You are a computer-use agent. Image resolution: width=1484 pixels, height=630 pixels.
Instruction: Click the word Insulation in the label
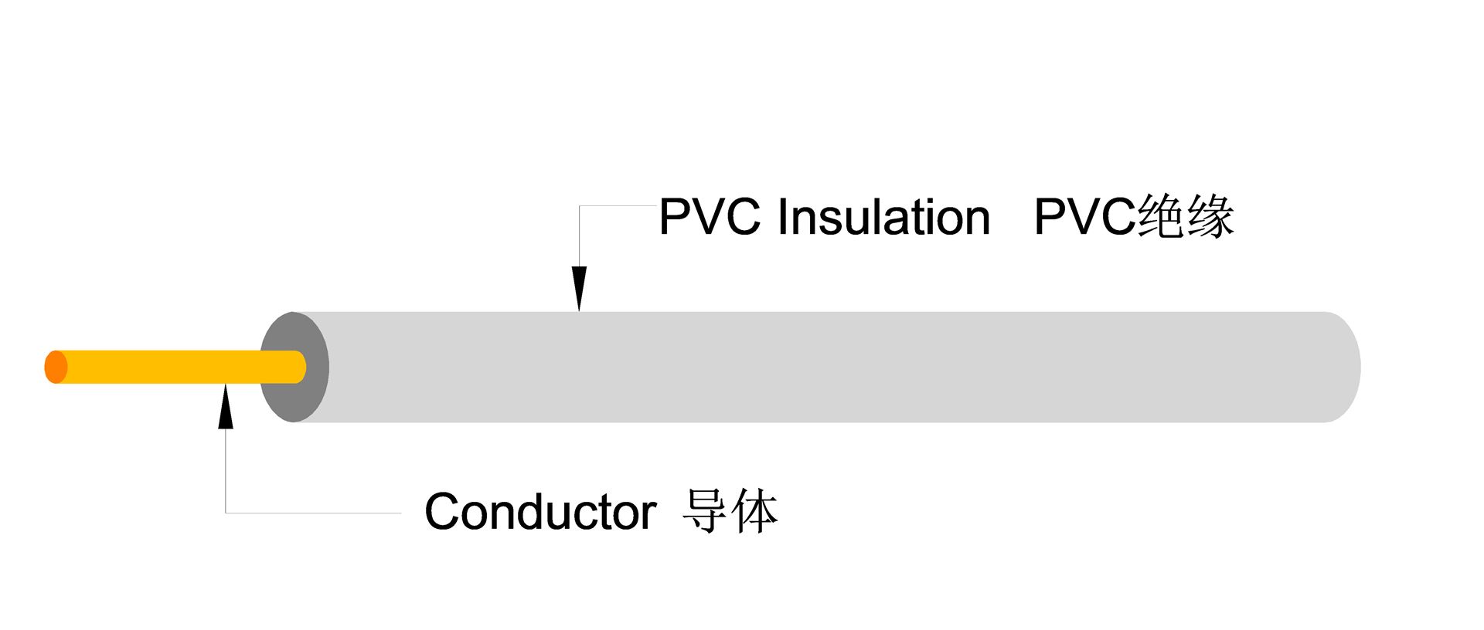point(883,217)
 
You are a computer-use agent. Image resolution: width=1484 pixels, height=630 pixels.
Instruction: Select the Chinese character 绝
point(1160,216)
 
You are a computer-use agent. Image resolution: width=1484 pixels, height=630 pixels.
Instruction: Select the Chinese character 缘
point(1210,216)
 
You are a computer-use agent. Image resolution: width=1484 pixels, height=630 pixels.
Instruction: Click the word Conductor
point(540,512)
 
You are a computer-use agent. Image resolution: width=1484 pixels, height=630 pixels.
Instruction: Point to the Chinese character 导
point(704,511)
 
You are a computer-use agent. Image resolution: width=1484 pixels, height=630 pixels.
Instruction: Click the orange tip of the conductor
point(56,367)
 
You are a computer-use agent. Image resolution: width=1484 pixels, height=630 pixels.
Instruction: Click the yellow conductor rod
point(178,367)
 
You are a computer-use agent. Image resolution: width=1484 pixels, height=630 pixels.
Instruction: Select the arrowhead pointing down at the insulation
point(579,287)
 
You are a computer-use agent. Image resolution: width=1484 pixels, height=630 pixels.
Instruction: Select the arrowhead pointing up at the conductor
point(225,406)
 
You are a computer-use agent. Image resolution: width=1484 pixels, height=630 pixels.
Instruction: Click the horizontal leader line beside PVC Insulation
point(618,206)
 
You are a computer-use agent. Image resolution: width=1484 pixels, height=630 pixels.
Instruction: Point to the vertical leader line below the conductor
point(225,471)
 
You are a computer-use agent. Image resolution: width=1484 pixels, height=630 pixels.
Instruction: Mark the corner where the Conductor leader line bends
point(225,513)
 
